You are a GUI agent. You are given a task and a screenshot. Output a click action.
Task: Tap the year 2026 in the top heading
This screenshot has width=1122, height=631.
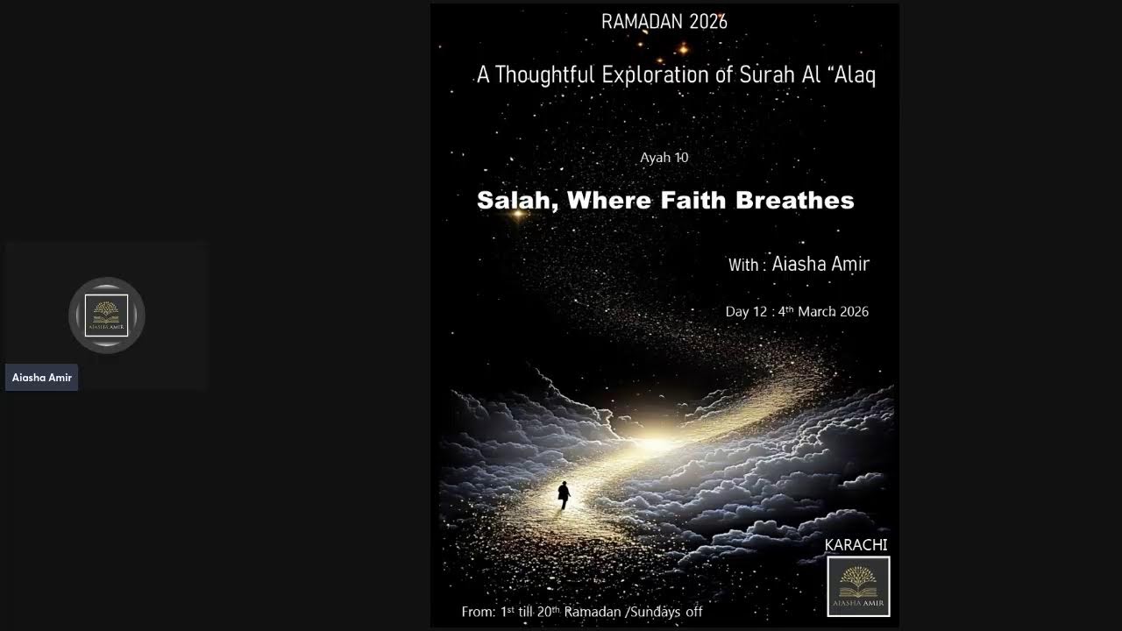707,22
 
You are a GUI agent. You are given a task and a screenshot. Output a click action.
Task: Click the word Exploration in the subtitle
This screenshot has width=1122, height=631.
655,75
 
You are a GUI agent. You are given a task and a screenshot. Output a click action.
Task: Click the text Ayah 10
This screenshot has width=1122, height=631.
664,158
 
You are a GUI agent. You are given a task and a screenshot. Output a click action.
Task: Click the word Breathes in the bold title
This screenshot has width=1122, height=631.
795,201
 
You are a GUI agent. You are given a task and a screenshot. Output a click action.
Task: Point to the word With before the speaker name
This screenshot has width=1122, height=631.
743,266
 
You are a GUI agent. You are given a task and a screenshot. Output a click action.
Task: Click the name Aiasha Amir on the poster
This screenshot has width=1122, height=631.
820,264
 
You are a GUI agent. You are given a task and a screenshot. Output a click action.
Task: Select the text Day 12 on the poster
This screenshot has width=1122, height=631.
746,312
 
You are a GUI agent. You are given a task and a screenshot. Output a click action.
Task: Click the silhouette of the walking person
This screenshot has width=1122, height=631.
564,496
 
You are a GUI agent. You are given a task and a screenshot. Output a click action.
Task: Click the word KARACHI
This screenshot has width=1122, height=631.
856,545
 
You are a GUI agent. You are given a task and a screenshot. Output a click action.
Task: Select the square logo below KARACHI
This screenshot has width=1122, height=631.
858,586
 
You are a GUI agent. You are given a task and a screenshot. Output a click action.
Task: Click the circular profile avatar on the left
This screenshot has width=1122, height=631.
107,315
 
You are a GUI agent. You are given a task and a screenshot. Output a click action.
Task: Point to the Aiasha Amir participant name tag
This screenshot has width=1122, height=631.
42,378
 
